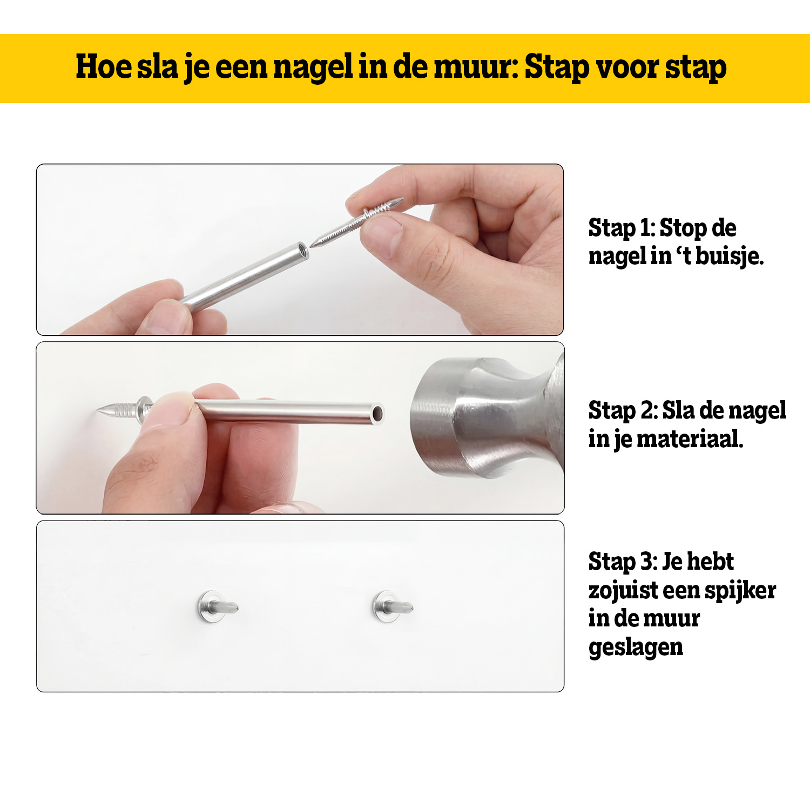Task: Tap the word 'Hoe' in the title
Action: point(103,66)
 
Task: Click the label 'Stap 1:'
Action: point(622,228)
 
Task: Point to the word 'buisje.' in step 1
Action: point(730,255)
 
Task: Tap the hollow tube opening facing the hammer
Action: point(377,414)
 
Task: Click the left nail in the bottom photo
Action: point(217,606)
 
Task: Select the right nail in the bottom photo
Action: point(392,606)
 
